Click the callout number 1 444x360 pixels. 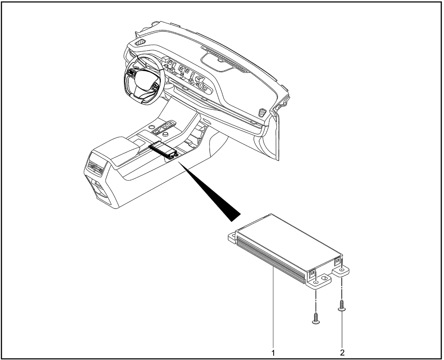coord(273,353)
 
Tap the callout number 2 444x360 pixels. coord(342,353)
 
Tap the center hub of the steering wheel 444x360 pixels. coord(144,81)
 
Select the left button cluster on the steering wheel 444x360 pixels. coord(132,73)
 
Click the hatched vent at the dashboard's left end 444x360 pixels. coord(141,42)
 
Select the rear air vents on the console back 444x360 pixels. coord(95,168)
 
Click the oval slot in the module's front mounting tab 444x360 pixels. coord(324,278)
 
